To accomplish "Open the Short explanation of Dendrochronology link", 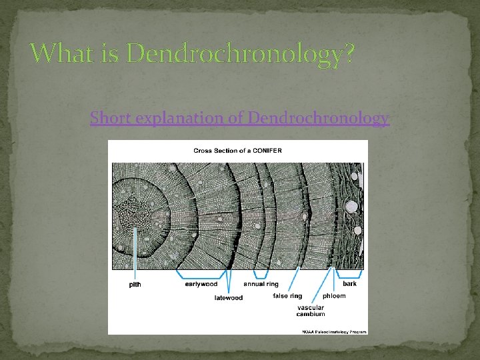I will [x=240, y=119].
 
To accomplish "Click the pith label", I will [x=135, y=285].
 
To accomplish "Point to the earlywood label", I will [x=200, y=284].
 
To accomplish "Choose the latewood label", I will [x=229, y=298].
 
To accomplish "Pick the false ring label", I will [x=287, y=296].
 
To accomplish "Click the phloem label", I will [x=334, y=296].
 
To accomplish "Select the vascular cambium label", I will [x=311, y=311].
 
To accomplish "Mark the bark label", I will [x=350, y=284].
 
